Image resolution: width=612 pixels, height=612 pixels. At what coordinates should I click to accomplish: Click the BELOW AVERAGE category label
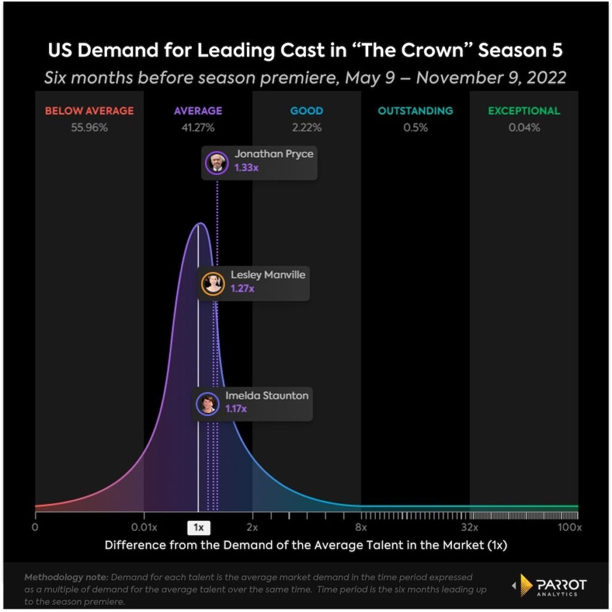[x=89, y=111]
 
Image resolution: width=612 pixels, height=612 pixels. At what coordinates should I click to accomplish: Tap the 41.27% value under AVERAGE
[x=198, y=127]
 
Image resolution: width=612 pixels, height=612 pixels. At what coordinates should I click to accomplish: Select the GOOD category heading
[x=307, y=111]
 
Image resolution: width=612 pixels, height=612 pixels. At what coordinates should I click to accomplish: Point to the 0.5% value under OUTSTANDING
[x=415, y=127]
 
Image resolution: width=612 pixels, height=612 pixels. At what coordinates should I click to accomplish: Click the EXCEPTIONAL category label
[x=524, y=111]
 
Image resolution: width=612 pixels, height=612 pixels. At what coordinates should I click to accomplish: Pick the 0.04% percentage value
[x=524, y=127]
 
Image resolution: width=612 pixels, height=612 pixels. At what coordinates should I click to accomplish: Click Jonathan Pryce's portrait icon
[x=216, y=162]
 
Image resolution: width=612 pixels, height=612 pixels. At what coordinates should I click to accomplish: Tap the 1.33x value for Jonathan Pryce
[x=246, y=168]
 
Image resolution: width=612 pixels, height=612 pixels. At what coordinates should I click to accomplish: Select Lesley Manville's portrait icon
[x=213, y=283]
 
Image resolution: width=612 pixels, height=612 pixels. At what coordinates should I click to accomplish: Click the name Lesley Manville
[x=268, y=276]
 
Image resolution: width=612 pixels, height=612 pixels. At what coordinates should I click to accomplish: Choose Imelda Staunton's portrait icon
[x=207, y=403]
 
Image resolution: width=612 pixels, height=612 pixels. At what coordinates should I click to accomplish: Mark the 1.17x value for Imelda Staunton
[x=236, y=409]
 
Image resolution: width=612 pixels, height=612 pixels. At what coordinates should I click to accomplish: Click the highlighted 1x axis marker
[x=198, y=528]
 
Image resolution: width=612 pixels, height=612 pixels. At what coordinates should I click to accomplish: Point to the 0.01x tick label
[x=144, y=527]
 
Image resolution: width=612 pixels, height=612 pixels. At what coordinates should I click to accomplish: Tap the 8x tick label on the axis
[x=361, y=527]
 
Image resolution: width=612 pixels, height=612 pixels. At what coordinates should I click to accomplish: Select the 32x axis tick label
[x=470, y=527]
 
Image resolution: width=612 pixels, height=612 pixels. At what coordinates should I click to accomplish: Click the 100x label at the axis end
[x=570, y=527]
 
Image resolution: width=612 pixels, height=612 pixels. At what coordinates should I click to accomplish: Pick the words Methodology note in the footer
[x=66, y=577]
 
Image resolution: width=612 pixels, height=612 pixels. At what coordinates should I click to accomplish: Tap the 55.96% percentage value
[x=89, y=127]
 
